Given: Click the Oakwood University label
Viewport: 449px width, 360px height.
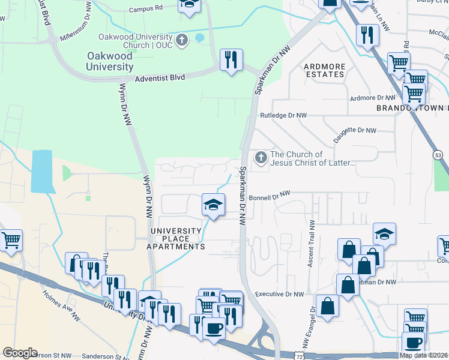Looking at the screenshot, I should pyautogui.click(x=109, y=61).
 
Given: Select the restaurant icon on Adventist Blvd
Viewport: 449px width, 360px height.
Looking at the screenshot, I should pyautogui.click(x=231, y=59).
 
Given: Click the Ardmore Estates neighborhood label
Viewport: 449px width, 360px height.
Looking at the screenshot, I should pyautogui.click(x=324, y=70).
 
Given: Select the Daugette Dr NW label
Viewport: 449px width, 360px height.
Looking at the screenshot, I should pyautogui.click(x=355, y=130).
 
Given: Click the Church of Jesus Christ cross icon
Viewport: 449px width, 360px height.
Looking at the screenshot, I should pyautogui.click(x=261, y=158).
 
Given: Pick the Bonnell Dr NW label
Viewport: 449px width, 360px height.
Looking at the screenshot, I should pyautogui.click(x=270, y=196).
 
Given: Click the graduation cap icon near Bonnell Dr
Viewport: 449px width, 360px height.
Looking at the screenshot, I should pyautogui.click(x=213, y=205).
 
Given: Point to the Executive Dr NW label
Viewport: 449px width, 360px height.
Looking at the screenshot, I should pyautogui.click(x=279, y=295).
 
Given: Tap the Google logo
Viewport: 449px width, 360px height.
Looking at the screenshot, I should pyautogui.click(x=20, y=353).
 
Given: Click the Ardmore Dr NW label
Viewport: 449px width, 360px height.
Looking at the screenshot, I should pyautogui.click(x=372, y=98).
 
